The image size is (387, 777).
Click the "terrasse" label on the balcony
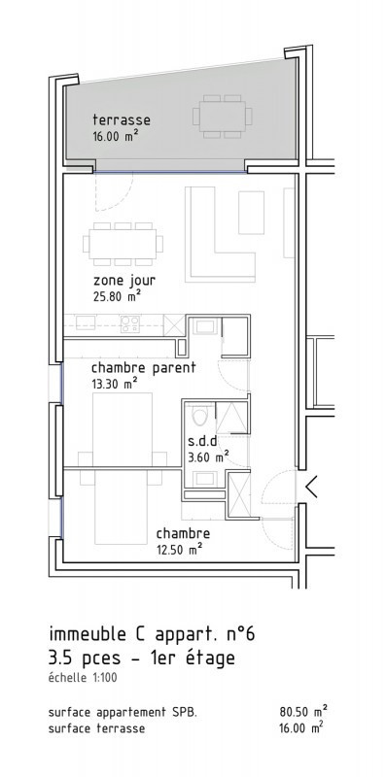tap(122, 119)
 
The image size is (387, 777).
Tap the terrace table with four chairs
tap(222, 117)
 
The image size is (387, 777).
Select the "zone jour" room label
tap(124, 281)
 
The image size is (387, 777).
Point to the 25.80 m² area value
tap(117, 297)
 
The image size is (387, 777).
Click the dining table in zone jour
tap(123, 244)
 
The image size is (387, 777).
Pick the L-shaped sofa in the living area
tap(220, 232)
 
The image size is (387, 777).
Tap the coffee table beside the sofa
tap(251, 212)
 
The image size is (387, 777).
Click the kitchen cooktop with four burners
tap(130, 324)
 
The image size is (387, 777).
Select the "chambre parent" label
tap(143, 368)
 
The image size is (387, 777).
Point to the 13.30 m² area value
tap(115, 384)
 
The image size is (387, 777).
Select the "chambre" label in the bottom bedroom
tap(183, 533)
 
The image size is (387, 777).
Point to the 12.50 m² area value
tap(179, 549)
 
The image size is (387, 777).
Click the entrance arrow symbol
tap(311, 487)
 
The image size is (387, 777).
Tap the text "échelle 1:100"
tap(83, 677)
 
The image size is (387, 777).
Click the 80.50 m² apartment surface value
tap(303, 712)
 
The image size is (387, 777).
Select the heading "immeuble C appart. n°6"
tap(152, 635)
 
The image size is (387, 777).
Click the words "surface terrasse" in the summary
tap(97, 728)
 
